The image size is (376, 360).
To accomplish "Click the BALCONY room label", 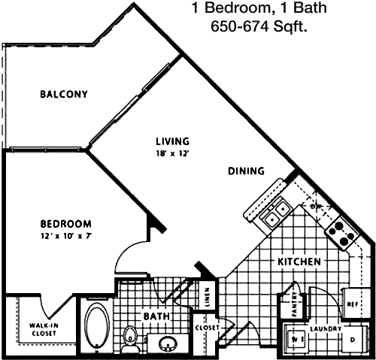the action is tap(64, 94).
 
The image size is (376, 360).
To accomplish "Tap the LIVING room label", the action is tap(172, 141).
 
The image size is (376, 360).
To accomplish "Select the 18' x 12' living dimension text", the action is tap(172, 153).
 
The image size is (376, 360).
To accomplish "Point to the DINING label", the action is tap(246, 171).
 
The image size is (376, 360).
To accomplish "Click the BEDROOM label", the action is tap(66, 224).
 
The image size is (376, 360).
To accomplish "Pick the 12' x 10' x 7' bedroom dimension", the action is tap(65, 236).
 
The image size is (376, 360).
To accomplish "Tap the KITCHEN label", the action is tap(299, 262).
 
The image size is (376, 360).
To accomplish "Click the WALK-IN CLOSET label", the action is tap(44, 329).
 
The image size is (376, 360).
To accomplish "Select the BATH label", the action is tap(156, 316).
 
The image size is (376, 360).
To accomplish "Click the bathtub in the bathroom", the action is tap(97, 325).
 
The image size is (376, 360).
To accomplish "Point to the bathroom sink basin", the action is tap(168, 344).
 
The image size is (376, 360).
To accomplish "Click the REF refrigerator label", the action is tap(353, 304).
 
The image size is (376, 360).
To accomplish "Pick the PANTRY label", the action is tap(295, 304).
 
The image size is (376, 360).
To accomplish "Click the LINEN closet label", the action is tap(208, 298).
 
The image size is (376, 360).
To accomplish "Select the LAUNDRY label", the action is tap(326, 328).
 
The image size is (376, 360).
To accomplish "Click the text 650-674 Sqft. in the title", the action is tap(259, 26).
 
